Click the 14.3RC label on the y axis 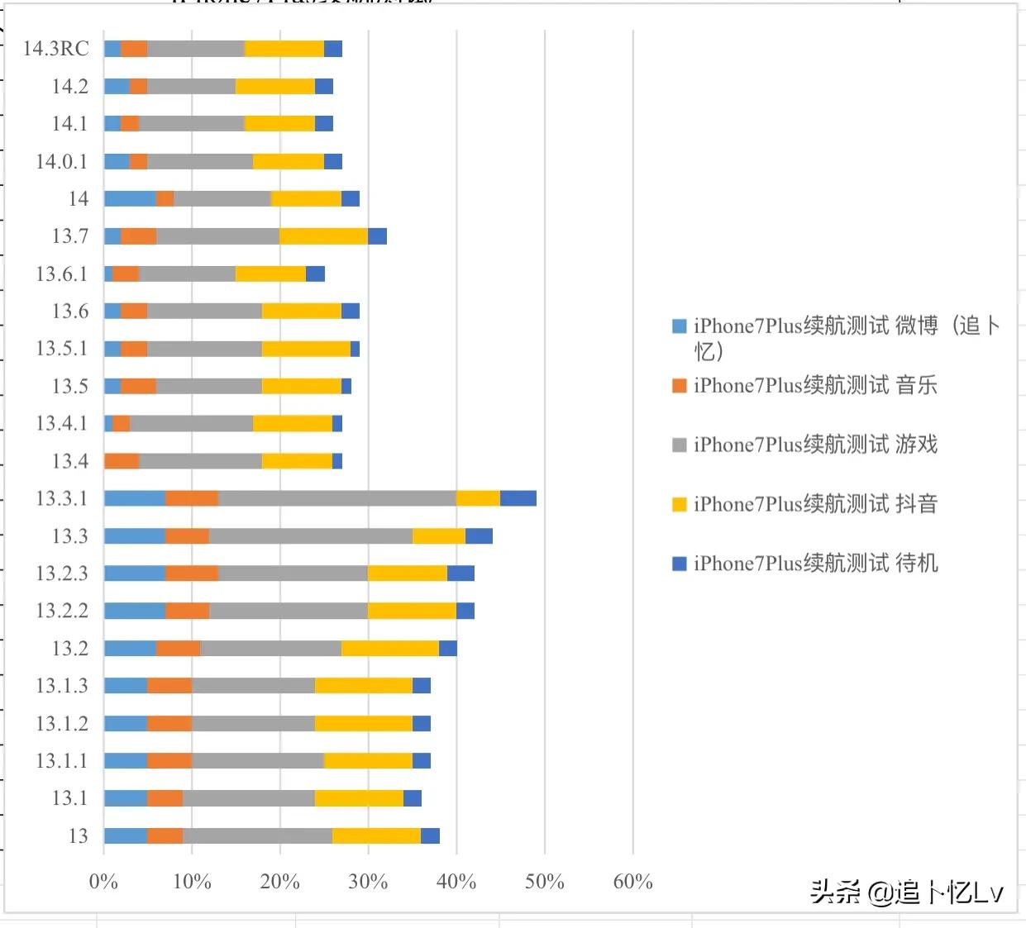[55, 49]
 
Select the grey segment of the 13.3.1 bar [336, 498]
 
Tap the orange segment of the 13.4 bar [122, 461]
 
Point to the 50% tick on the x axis [544, 882]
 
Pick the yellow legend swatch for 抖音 [680, 504]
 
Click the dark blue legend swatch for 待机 [680, 564]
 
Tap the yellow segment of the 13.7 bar [323, 236]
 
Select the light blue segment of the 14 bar [130, 198]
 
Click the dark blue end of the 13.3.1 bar [518, 498]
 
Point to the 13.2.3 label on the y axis [61, 573]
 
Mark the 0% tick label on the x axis [103, 882]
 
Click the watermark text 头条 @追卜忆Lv [906, 892]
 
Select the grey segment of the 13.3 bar [311, 535]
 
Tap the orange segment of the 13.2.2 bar [187, 611]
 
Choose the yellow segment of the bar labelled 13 [376, 835]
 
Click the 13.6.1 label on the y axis [61, 274]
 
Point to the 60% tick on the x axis [632, 882]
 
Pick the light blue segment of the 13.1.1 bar [126, 760]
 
